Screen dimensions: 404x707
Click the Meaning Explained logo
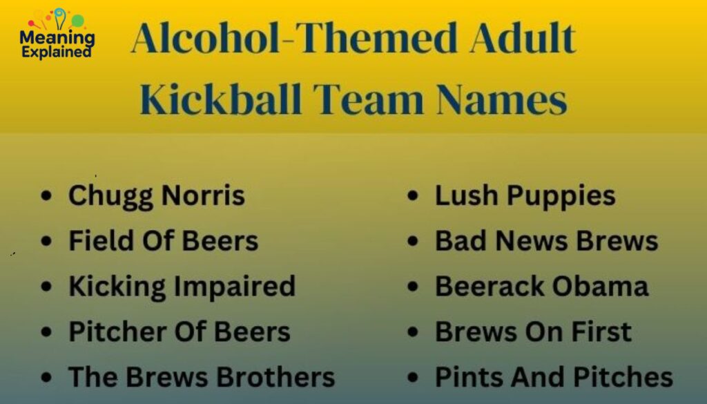(x=57, y=34)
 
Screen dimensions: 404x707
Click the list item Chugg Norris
(x=157, y=196)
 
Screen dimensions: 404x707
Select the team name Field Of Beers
(x=163, y=241)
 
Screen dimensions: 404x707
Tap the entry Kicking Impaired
(x=182, y=286)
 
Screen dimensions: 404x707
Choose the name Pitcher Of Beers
(x=179, y=331)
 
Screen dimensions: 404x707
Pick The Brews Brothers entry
(x=201, y=377)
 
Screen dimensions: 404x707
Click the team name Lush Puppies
(x=525, y=196)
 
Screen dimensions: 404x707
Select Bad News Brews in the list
(x=546, y=241)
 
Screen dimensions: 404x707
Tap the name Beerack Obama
(x=541, y=286)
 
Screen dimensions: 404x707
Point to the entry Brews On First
(x=533, y=331)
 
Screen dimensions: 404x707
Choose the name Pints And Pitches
(x=554, y=377)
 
